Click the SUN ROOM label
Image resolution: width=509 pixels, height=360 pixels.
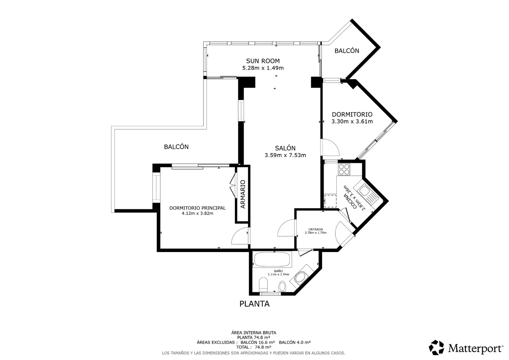263,61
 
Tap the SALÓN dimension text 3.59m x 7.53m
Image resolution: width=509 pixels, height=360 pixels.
285,155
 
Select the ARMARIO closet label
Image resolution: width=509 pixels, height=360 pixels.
243,194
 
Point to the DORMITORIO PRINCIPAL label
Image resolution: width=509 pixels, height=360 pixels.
198,208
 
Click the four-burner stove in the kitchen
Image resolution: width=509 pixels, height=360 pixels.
344,169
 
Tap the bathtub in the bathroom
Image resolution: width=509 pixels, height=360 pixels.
272,259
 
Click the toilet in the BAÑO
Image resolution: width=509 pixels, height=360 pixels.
263,284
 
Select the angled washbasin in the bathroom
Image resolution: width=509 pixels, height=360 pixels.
300,277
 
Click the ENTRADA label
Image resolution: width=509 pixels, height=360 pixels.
315,229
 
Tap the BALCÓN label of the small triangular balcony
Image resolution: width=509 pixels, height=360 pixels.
347,51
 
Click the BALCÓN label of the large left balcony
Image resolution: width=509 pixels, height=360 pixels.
176,147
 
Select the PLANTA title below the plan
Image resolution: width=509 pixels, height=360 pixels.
254,304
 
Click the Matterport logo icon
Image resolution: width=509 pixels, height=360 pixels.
436,347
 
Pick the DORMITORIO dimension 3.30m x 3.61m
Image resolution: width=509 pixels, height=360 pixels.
352,121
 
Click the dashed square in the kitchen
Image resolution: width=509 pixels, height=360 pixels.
330,201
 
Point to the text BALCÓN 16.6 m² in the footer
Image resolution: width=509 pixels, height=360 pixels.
258,342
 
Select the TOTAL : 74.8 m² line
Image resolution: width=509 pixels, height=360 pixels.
254,347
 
